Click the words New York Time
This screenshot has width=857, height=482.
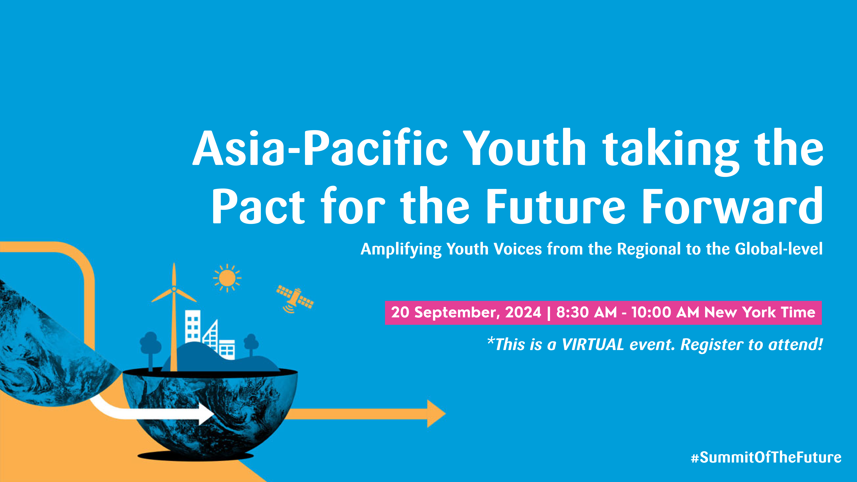(x=760, y=312)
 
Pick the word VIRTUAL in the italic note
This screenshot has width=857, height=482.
(x=593, y=345)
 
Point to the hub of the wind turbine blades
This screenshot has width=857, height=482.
(x=174, y=289)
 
